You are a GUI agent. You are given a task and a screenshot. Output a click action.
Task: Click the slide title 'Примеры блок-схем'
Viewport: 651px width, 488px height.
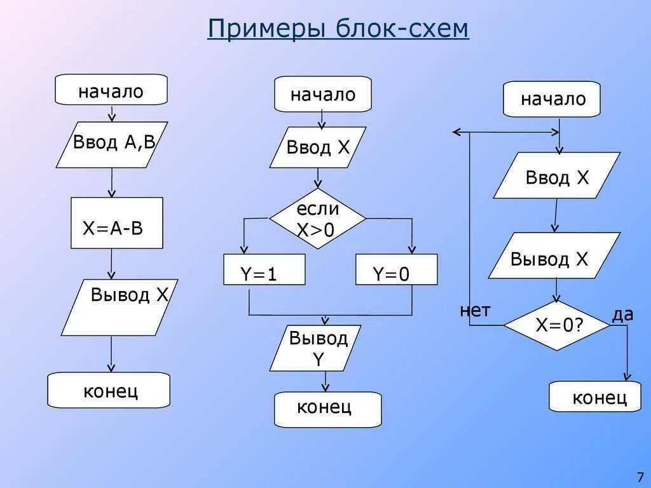(x=338, y=29)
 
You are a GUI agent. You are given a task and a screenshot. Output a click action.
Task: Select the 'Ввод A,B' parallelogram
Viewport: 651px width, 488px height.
(x=112, y=144)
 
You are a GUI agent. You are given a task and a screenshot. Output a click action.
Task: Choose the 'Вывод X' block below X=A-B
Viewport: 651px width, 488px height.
(x=120, y=307)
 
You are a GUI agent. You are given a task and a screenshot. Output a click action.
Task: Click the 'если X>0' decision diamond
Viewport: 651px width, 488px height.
(x=318, y=219)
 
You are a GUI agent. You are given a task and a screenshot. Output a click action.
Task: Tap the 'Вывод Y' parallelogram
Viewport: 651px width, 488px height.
(x=315, y=348)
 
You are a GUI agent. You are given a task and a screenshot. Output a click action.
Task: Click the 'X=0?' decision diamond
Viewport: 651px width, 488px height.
(x=557, y=325)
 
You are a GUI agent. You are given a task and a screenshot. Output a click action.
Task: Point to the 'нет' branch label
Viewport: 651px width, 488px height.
(x=474, y=311)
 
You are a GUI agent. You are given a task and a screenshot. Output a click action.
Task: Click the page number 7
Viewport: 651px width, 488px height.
(x=640, y=477)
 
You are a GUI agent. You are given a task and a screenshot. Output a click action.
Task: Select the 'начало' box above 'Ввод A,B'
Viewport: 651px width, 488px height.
(x=111, y=90)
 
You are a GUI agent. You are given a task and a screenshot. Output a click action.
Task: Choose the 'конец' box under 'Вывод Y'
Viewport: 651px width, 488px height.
(x=327, y=409)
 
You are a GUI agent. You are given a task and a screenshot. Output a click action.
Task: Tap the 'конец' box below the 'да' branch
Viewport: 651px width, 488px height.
(x=595, y=396)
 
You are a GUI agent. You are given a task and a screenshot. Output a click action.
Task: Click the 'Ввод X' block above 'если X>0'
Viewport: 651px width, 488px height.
(x=318, y=147)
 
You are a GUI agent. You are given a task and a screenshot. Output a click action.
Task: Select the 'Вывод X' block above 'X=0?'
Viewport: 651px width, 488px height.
(x=554, y=255)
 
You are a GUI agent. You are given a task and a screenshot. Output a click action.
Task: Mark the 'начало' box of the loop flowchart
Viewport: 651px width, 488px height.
(x=551, y=99)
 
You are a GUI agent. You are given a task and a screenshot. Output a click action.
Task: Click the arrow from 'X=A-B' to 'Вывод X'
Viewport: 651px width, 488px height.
(x=111, y=264)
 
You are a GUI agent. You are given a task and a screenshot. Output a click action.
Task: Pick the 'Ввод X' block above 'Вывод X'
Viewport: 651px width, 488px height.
(x=557, y=175)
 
